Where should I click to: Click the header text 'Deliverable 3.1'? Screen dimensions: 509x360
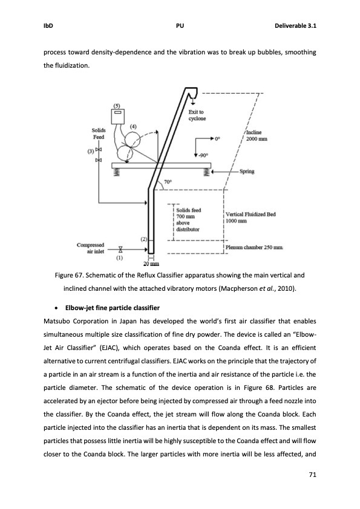[x=295, y=27]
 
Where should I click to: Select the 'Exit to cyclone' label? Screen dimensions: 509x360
[x=196, y=115]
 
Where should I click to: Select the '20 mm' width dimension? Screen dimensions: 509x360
[x=151, y=265]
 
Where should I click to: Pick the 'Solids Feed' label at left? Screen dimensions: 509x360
[x=99, y=134]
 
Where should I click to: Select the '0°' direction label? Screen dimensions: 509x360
[x=218, y=138]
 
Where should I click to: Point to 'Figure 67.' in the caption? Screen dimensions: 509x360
[x=71, y=275]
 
